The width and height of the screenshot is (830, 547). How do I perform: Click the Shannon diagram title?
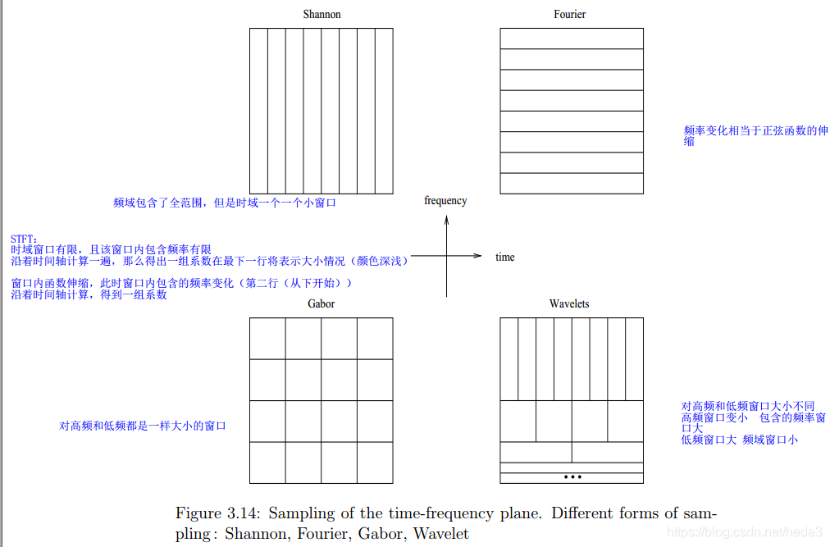322,15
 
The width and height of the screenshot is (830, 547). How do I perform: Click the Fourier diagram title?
569,15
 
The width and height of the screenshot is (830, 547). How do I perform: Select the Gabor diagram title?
321,304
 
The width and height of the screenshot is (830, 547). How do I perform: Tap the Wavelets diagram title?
569,304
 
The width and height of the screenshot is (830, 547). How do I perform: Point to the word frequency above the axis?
445,201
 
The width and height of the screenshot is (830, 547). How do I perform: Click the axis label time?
505,258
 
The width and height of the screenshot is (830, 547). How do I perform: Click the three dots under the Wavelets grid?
572,476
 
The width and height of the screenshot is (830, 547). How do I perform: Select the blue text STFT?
24,239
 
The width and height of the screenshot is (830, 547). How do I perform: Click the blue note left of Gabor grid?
142,426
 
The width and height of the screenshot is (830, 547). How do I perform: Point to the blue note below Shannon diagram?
225,203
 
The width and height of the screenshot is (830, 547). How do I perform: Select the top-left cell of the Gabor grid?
267,339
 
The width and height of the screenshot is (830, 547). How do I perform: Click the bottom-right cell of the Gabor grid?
375,463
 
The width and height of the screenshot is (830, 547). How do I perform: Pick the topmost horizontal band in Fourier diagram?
572,39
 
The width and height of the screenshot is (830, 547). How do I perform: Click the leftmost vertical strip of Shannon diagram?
258,111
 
